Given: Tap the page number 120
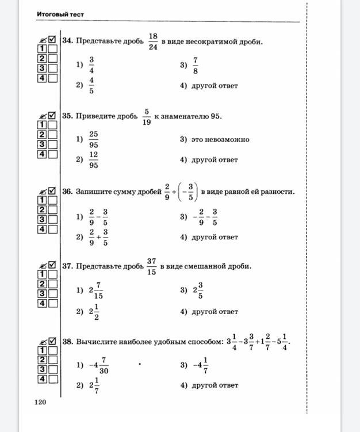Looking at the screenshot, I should (40, 402).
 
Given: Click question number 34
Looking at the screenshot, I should (68, 42).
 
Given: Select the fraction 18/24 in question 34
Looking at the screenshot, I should (152, 41).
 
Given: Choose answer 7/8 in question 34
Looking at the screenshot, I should (196, 65).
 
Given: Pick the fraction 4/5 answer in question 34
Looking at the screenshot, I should (91, 85).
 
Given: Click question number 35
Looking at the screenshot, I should (68, 116).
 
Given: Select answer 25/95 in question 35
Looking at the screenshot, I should (93, 139).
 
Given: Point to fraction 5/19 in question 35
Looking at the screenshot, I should (146, 116).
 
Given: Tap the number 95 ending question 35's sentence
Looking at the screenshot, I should (216, 116).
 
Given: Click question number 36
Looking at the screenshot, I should (68, 192).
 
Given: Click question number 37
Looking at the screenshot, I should (68, 266).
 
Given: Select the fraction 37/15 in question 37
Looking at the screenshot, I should (151, 266).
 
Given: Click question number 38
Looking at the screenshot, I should (68, 342).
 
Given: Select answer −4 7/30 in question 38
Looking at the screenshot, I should (99, 365).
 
